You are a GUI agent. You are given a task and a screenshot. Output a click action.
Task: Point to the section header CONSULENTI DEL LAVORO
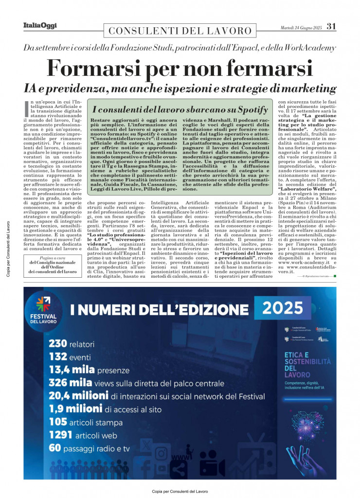(x=180, y=31)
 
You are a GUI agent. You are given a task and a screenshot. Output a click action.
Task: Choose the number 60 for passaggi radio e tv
(x=54, y=448)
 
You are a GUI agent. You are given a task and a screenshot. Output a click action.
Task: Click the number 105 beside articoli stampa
(x=57, y=422)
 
